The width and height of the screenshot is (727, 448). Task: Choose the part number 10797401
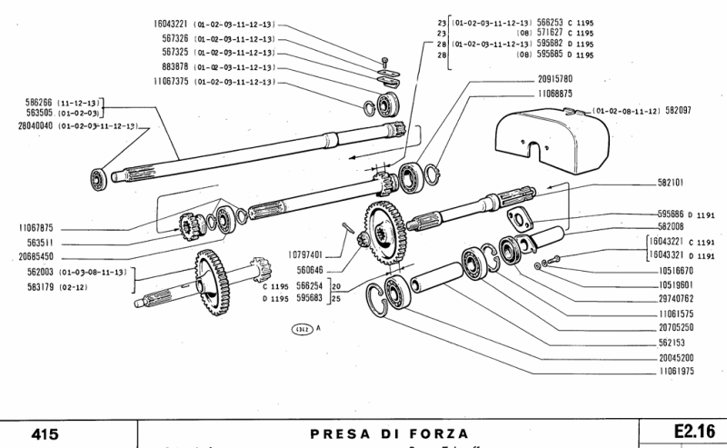coord(304,254)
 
